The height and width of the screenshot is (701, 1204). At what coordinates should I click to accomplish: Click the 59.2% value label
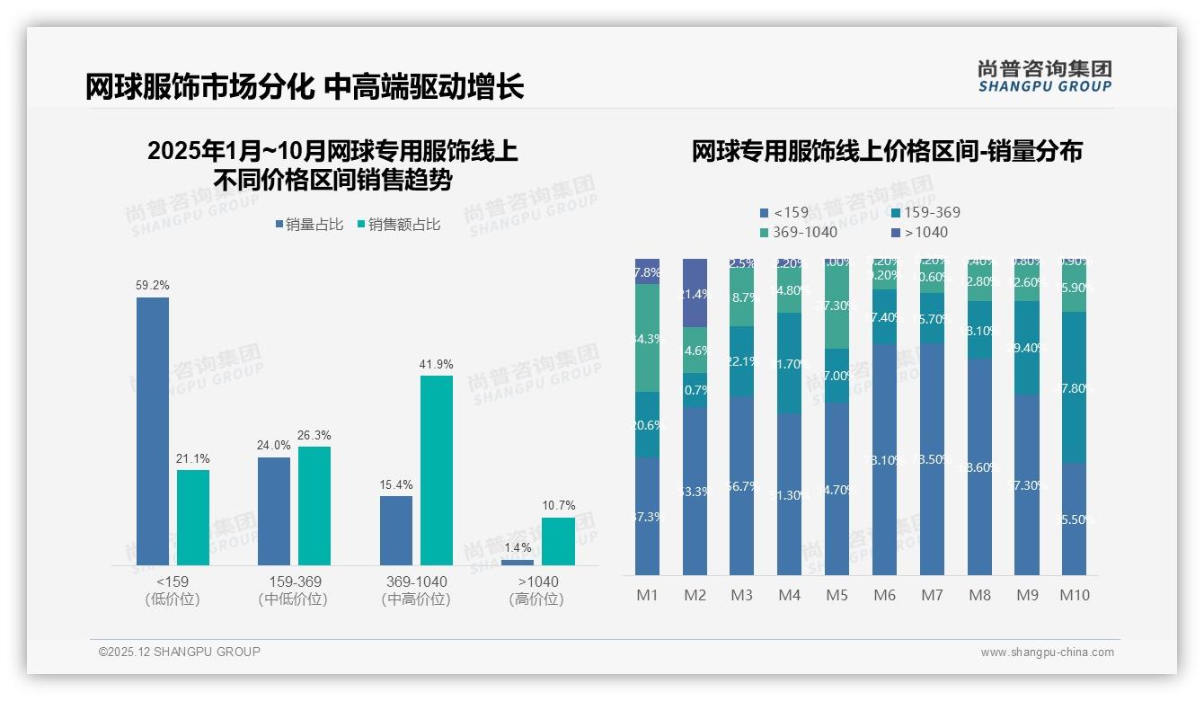click(x=153, y=285)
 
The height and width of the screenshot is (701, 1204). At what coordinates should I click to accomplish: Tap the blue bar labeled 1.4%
click(x=518, y=563)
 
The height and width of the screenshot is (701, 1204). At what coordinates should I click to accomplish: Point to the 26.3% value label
click(x=314, y=435)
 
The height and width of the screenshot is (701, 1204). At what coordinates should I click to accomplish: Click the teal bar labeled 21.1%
click(x=193, y=518)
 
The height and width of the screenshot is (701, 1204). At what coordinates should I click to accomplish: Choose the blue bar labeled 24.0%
click(x=274, y=511)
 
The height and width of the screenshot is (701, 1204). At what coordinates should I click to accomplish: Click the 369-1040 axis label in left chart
click(x=415, y=581)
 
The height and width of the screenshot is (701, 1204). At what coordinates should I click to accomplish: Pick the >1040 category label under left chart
click(x=537, y=581)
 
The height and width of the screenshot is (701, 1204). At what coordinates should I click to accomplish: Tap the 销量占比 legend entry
click(x=309, y=225)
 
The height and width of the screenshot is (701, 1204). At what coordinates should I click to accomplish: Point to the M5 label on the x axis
click(x=837, y=595)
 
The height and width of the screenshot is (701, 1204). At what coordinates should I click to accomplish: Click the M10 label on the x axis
click(x=1074, y=595)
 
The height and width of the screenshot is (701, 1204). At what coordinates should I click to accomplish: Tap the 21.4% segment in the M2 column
click(x=695, y=293)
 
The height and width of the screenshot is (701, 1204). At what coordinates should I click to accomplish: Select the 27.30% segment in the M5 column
click(x=837, y=306)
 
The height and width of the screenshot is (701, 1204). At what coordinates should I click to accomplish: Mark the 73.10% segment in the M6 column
click(x=885, y=459)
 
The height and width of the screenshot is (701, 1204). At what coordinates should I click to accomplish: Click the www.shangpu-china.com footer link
click(x=1047, y=652)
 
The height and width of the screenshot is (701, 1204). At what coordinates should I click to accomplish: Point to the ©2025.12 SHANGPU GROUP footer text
click(x=180, y=652)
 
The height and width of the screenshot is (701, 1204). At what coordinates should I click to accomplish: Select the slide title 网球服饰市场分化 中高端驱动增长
click(x=305, y=87)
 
